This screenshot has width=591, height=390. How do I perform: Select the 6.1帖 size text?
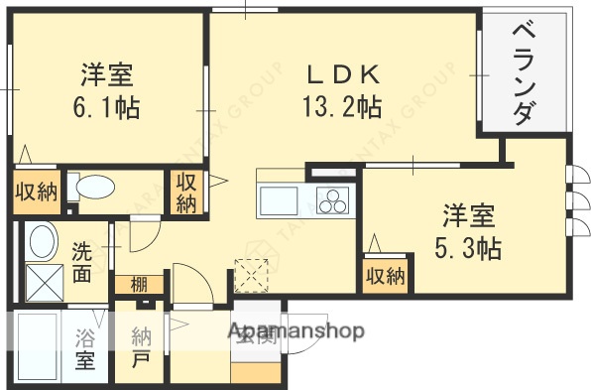[106, 105]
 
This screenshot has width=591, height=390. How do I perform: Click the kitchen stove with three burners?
[333, 201]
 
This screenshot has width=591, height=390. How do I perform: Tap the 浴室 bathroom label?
[85, 348]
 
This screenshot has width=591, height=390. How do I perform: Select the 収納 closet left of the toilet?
[36, 193]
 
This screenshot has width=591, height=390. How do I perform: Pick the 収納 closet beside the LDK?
[185, 192]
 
